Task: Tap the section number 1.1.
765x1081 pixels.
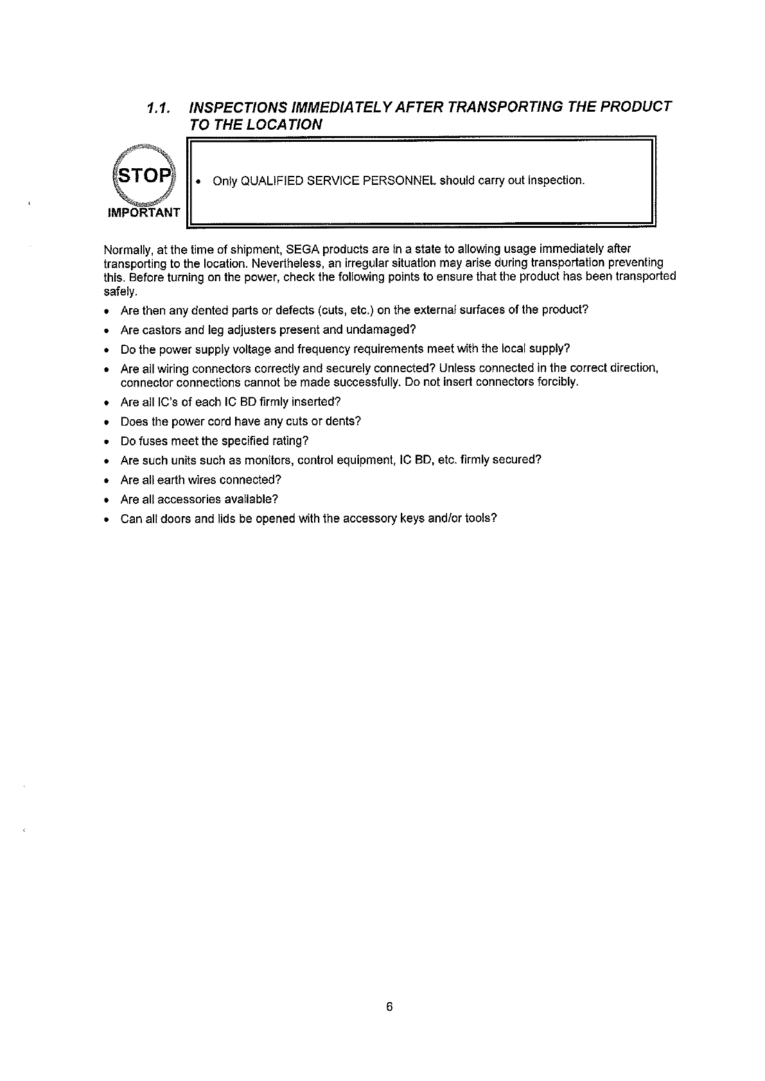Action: click(x=157, y=107)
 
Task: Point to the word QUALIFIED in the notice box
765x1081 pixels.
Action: click(x=268, y=180)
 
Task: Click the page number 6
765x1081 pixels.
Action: click(x=389, y=1007)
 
